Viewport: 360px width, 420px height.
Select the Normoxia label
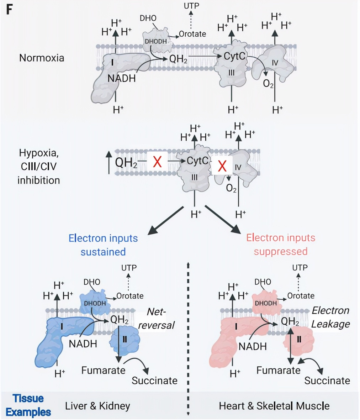pyautogui.click(x=42, y=58)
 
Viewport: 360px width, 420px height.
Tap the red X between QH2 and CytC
pyautogui.click(x=157, y=162)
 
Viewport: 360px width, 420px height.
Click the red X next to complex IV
pyautogui.click(x=222, y=166)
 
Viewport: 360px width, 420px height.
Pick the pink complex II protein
pyautogui.click(x=298, y=338)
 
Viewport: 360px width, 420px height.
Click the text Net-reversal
pyautogui.click(x=157, y=319)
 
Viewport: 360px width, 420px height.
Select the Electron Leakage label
pyautogui.click(x=330, y=317)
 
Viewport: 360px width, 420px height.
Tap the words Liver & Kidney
pyautogui.click(x=97, y=406)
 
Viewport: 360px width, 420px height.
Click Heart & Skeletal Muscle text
pyautogui.click(x=274, y=406)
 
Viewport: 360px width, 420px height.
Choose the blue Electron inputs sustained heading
pyautogui.click(x=103, y=245)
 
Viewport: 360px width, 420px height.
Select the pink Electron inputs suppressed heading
pyautogui.click(x=281, y=245)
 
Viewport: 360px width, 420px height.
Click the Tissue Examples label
pyautogui.click(x=28, y=405)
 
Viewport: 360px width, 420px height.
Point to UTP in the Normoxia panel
pyautogui.click(x=191, y=6)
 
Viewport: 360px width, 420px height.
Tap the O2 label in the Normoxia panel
pyautogui.click(x=268, y=84)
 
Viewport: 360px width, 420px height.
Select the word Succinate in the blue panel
pyautogui.click(x=154, y=380)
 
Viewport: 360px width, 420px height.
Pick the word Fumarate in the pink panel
pyautogui.click(x=279, y=371)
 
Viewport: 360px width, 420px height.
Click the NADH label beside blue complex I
pyautogui.click(x=83, y=344)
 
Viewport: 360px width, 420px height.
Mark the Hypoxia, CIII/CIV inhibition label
pyautogui.click(x=38, y=167)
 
